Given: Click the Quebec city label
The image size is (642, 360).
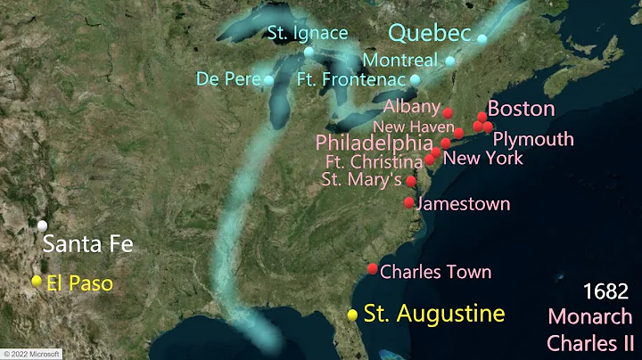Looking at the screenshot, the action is tap(429, 33).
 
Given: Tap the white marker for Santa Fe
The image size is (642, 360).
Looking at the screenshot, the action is tap(43, 225).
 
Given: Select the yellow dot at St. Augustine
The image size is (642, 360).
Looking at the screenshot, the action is tap(353, 315).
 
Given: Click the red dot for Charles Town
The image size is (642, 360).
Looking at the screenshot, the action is tap(373, 269).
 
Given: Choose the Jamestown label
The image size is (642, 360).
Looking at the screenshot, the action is tap(463, 204).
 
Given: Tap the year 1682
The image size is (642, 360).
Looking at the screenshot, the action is tap(605, 291).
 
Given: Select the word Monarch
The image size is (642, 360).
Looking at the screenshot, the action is tap(590, 316).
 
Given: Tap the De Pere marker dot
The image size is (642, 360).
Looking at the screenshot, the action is tap(268, 80).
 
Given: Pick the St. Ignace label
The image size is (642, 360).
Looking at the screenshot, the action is tap(308, 33).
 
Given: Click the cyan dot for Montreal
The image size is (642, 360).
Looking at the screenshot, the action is tap(449, 61).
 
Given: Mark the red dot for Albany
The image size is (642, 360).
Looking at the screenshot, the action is tap(448, 113).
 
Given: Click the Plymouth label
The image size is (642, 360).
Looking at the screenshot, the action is tap(533, 139).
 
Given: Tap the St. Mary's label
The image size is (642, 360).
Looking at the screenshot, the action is tap(360, 180).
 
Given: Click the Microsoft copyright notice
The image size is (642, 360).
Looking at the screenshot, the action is tap(30, 354).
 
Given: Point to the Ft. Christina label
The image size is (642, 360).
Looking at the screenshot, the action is tap(374, 162).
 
